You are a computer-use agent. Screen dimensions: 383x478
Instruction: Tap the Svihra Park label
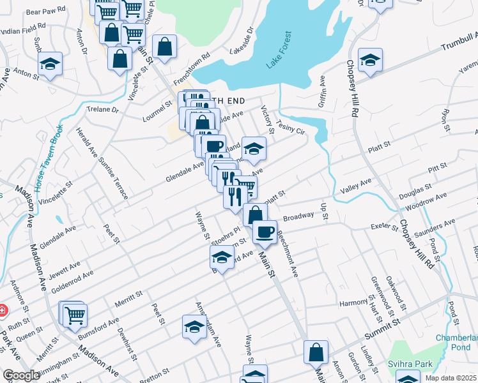tap(410, 364)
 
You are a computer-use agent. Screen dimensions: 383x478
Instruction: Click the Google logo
tap(21, 375)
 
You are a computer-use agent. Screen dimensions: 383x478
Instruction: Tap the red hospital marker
tap(2, 311)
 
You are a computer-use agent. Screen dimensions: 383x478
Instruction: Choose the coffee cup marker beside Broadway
tap(265, 232)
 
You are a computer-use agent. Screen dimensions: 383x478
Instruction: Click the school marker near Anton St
tap(50, 64)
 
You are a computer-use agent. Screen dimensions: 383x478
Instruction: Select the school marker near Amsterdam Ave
tap(194, 326)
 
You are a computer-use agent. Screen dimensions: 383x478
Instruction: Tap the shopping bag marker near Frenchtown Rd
tap(165, 46)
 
